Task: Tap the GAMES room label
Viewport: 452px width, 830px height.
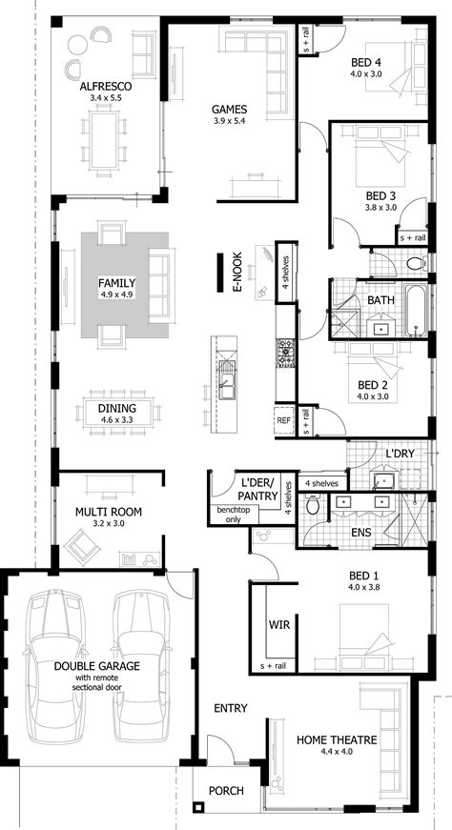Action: coord(230,110)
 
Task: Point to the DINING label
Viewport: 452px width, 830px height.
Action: coord(116,408)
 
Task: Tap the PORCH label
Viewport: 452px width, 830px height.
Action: coord(226,791)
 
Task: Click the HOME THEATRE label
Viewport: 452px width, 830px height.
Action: coord(337,739)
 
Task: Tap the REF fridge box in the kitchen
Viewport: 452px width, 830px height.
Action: coord(283,419)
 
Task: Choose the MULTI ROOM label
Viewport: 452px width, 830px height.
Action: coord(108,512)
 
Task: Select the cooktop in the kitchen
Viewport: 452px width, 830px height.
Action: coord(282,354)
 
